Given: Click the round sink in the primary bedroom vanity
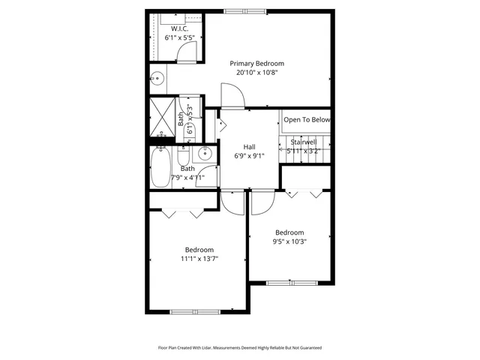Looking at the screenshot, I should click(x=158, y=78).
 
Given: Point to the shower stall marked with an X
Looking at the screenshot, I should click(x=161, y=118).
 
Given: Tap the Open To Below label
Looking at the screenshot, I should click(x=306, y=120).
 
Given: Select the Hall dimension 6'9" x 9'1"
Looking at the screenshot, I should click(x=250, y=156).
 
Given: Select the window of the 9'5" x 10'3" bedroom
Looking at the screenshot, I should click(x=289, y=283).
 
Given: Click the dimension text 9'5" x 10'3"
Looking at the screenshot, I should click(x=289, y=241).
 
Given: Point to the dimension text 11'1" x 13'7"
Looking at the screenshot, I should click(x=199, y=259).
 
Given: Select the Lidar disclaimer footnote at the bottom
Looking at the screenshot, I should click(x=239, y=348).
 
